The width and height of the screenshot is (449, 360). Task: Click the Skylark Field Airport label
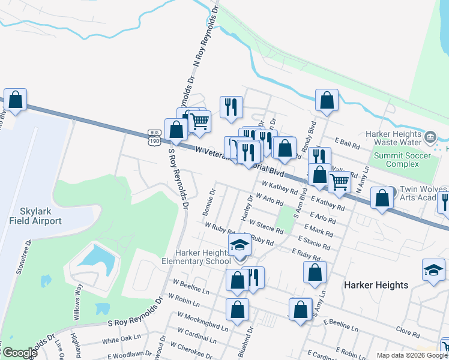[x=35, y=216]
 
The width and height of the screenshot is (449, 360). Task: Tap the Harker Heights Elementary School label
[x=196, y=256]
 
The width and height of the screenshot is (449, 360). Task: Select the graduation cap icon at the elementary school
[x=240, y=245]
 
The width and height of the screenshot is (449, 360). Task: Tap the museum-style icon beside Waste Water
[x=430, y=137]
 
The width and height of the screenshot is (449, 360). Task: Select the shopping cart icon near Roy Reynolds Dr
[x=200, y=122]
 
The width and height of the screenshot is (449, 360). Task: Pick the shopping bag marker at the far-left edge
[x=16, y=100]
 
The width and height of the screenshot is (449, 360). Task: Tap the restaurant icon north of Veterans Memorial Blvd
[x=231, y=107]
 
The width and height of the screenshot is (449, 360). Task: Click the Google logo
[x=19, y=353]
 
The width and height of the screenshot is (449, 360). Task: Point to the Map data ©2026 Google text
[x=412, y=355]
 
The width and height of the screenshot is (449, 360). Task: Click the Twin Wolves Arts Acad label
[x=423, y=194]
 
